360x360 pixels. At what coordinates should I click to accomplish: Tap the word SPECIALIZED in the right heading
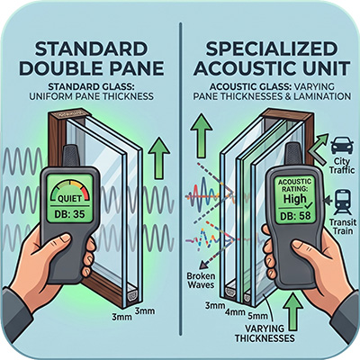271,49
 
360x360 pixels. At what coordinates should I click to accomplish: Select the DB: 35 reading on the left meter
70,214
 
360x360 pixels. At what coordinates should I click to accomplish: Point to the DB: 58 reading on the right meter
294,215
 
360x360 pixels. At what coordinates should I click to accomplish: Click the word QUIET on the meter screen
69,199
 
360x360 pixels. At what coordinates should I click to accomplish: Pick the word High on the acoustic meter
295,199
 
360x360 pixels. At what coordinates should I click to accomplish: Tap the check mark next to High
308,205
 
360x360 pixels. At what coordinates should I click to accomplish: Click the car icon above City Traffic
341,147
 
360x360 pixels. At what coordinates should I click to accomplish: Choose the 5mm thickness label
257,315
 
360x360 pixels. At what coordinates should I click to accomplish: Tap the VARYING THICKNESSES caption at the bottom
265,333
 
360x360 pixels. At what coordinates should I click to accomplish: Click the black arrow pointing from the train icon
328,199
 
